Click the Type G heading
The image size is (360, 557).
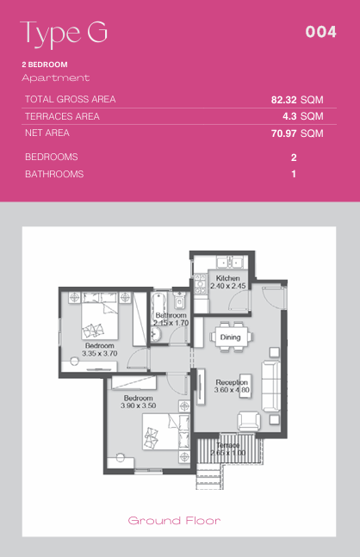tap(64, 34)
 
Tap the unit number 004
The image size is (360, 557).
tap(321, 32)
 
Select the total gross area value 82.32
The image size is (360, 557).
tap(283, 100)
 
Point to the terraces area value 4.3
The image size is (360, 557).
tap(289, 116)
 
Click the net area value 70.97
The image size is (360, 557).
tap(283, 133)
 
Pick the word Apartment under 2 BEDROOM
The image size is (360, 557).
tap(55, 78)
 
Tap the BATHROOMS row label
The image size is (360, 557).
tap(54, 174)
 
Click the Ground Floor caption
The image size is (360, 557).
tap(174, 521)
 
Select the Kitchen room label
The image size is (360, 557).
tap(227, 278)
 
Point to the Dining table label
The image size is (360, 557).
tap(230, 337)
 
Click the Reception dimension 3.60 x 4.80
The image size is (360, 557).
tap(232, 390)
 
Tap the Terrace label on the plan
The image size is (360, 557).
tap(227, 445)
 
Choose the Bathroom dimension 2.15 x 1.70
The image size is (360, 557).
tap(171, 323)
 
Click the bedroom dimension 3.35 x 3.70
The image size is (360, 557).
tap(100, 354)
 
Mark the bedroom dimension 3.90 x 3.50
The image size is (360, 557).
tap(139, 405)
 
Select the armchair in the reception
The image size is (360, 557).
tap(249, 421)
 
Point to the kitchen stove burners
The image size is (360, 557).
tap(200, 284)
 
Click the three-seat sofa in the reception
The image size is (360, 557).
tap(270, 386)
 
